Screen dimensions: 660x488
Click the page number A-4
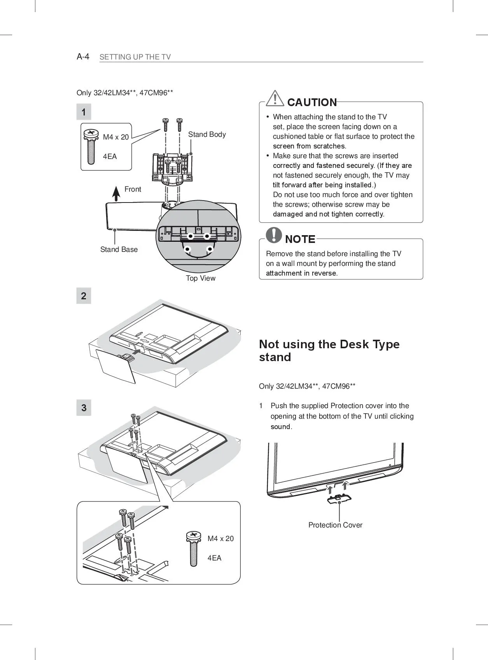click(83, 57)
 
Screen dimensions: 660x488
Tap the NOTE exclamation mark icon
click(274, 235)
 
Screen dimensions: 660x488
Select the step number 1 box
click(84, 112)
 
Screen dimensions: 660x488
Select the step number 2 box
click(84, 296)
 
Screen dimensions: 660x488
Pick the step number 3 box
click(84, 408)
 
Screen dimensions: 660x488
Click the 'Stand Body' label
click(207, 134)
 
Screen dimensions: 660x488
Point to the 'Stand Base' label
click(119, 250)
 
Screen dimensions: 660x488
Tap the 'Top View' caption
click(201, 278)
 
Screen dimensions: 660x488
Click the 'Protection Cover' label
click(335, 525)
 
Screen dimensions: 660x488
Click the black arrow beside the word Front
click(116, 193)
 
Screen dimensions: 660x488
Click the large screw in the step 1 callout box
click(91, 147)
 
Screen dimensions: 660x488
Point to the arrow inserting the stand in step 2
click(136, 351)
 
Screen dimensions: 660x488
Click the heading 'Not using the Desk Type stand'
click(329, 351)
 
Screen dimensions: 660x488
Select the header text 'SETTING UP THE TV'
click(135, 57)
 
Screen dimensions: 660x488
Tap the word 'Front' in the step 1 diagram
click(133, 189)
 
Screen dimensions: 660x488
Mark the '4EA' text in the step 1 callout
click(110, 157)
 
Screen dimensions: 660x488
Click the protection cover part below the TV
click(339, 499)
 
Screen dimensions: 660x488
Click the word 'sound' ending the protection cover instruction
click(280, 427)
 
